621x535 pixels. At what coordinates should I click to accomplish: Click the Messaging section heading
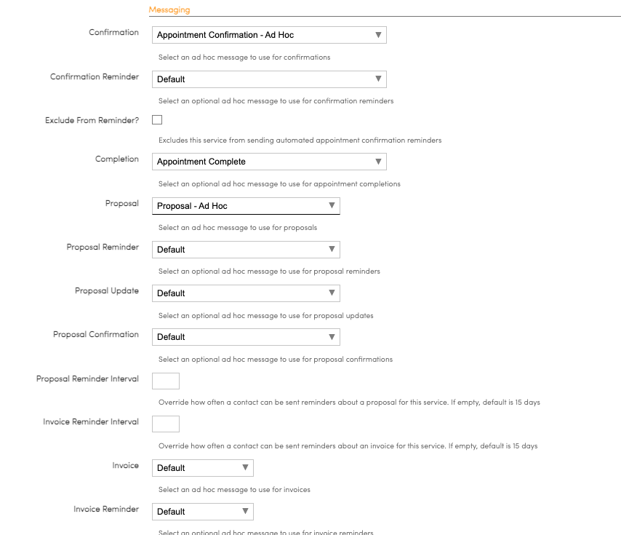169,9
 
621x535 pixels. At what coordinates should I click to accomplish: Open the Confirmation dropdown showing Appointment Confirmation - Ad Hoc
269,35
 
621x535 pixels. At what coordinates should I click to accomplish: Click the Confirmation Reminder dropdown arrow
378,79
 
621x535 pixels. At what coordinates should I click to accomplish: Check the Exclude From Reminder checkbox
157,120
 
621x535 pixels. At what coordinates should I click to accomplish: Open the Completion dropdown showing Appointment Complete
269,162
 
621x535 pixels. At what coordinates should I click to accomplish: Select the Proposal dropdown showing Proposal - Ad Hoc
246,206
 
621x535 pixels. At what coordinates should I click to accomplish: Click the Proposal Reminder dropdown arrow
332,249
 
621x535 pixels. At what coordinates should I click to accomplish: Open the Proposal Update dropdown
246,293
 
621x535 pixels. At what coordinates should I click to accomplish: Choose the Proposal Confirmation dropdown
246,336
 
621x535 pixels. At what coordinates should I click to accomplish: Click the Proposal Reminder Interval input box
166,380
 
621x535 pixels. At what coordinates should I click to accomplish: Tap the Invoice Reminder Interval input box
166,424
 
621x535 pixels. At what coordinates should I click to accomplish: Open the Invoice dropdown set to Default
202,467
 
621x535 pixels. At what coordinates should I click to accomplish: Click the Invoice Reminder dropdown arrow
245,511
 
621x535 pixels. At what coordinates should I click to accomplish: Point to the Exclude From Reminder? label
92,120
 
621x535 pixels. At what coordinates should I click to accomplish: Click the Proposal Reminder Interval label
87,379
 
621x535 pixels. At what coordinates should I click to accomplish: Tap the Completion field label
117,159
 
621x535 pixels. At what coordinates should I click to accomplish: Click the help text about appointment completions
279,183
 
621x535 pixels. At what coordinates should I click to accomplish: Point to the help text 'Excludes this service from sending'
300,140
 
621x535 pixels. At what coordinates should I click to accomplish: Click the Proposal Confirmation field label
96,334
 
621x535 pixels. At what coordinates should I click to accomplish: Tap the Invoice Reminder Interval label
91,422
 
